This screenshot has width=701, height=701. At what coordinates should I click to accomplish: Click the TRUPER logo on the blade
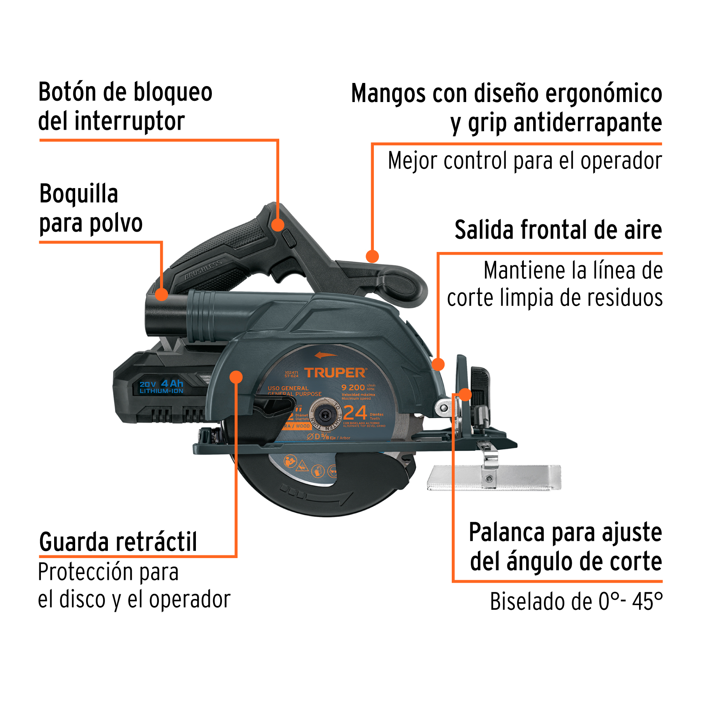[335, 373]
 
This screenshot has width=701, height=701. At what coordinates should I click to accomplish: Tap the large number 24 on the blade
[355, 413]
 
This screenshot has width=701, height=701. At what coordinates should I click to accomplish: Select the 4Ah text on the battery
[172, 384]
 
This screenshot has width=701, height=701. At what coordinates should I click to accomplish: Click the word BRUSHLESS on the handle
[203, 269]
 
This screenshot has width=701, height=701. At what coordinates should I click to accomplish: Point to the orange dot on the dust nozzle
[162, 294]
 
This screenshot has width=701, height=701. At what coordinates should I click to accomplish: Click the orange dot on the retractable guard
[236, 377]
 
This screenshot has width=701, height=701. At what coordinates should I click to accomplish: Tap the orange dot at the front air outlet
[438, 364]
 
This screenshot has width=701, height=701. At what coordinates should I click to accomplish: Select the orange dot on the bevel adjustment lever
[465, 394]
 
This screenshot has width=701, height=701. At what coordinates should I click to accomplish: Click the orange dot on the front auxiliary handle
[372, 256]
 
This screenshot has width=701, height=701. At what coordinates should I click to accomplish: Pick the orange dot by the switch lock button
[278, 225]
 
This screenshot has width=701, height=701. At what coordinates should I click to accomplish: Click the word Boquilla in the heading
[78, 194]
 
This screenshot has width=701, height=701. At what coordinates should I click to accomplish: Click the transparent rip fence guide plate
[495, 477]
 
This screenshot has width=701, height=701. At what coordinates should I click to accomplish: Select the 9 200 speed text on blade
[353, 387]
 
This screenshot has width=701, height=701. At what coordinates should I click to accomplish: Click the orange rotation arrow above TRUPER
[326, 355]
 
